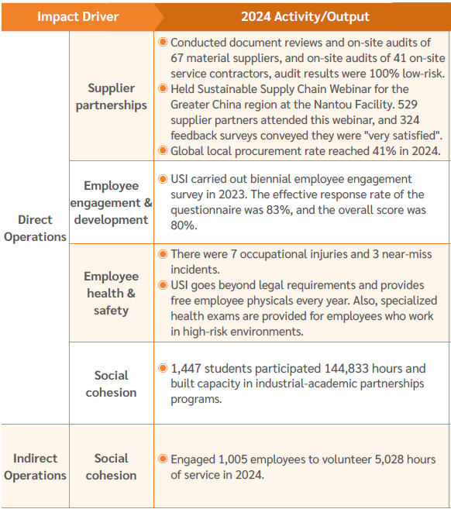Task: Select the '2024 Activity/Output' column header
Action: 305,16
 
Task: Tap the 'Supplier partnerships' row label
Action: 111,97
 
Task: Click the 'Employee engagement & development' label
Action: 111,202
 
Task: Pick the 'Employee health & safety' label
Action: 111,293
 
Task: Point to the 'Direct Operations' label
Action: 35,229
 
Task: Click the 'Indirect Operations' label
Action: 35,466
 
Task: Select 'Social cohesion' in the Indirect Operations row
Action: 111,466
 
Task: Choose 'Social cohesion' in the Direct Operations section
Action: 111,383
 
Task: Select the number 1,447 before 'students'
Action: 188,369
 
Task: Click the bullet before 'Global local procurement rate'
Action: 163,150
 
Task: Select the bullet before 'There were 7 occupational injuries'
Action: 163,254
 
